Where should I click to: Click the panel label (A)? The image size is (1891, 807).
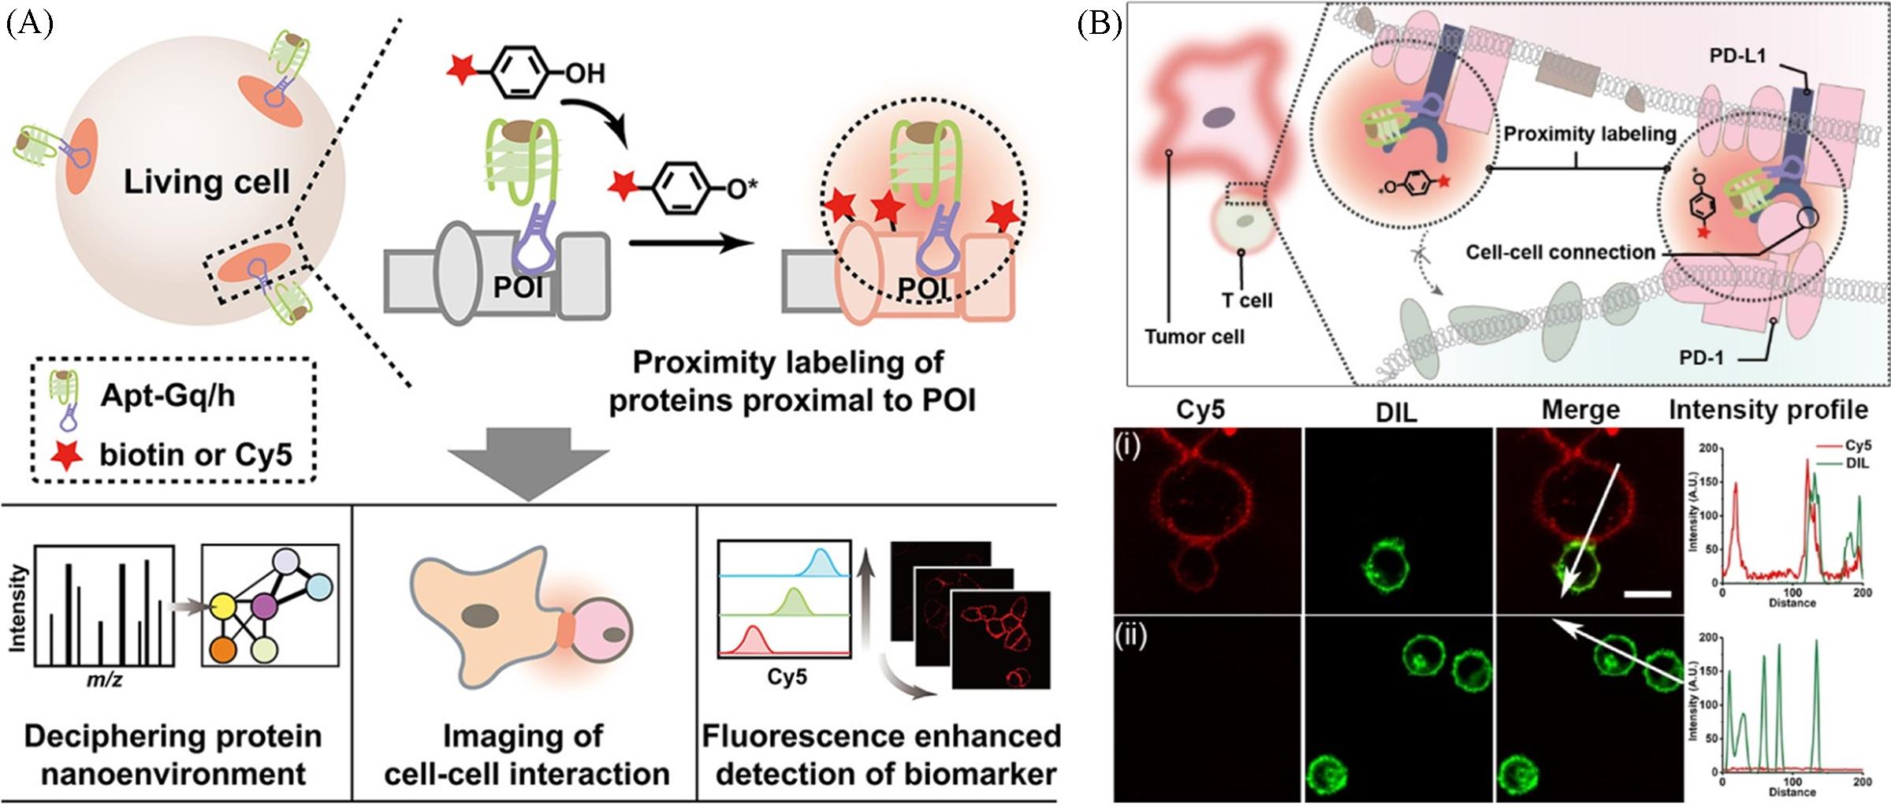(29, 25)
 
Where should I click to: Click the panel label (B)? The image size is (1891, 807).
(1099, 25)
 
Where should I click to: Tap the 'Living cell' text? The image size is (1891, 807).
(207, 182)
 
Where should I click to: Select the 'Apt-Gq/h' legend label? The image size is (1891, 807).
(167, 395)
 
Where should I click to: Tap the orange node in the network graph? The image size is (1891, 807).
(224, 650)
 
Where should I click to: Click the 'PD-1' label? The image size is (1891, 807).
(1701, 358)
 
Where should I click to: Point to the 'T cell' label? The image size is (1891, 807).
(1247, 300)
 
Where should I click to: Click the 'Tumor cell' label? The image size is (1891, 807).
(1194, 337)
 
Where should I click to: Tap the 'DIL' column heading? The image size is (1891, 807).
(1394, 411)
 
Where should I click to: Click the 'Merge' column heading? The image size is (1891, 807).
(1580, 410)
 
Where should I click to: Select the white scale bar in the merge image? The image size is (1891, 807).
(1647, 594)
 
